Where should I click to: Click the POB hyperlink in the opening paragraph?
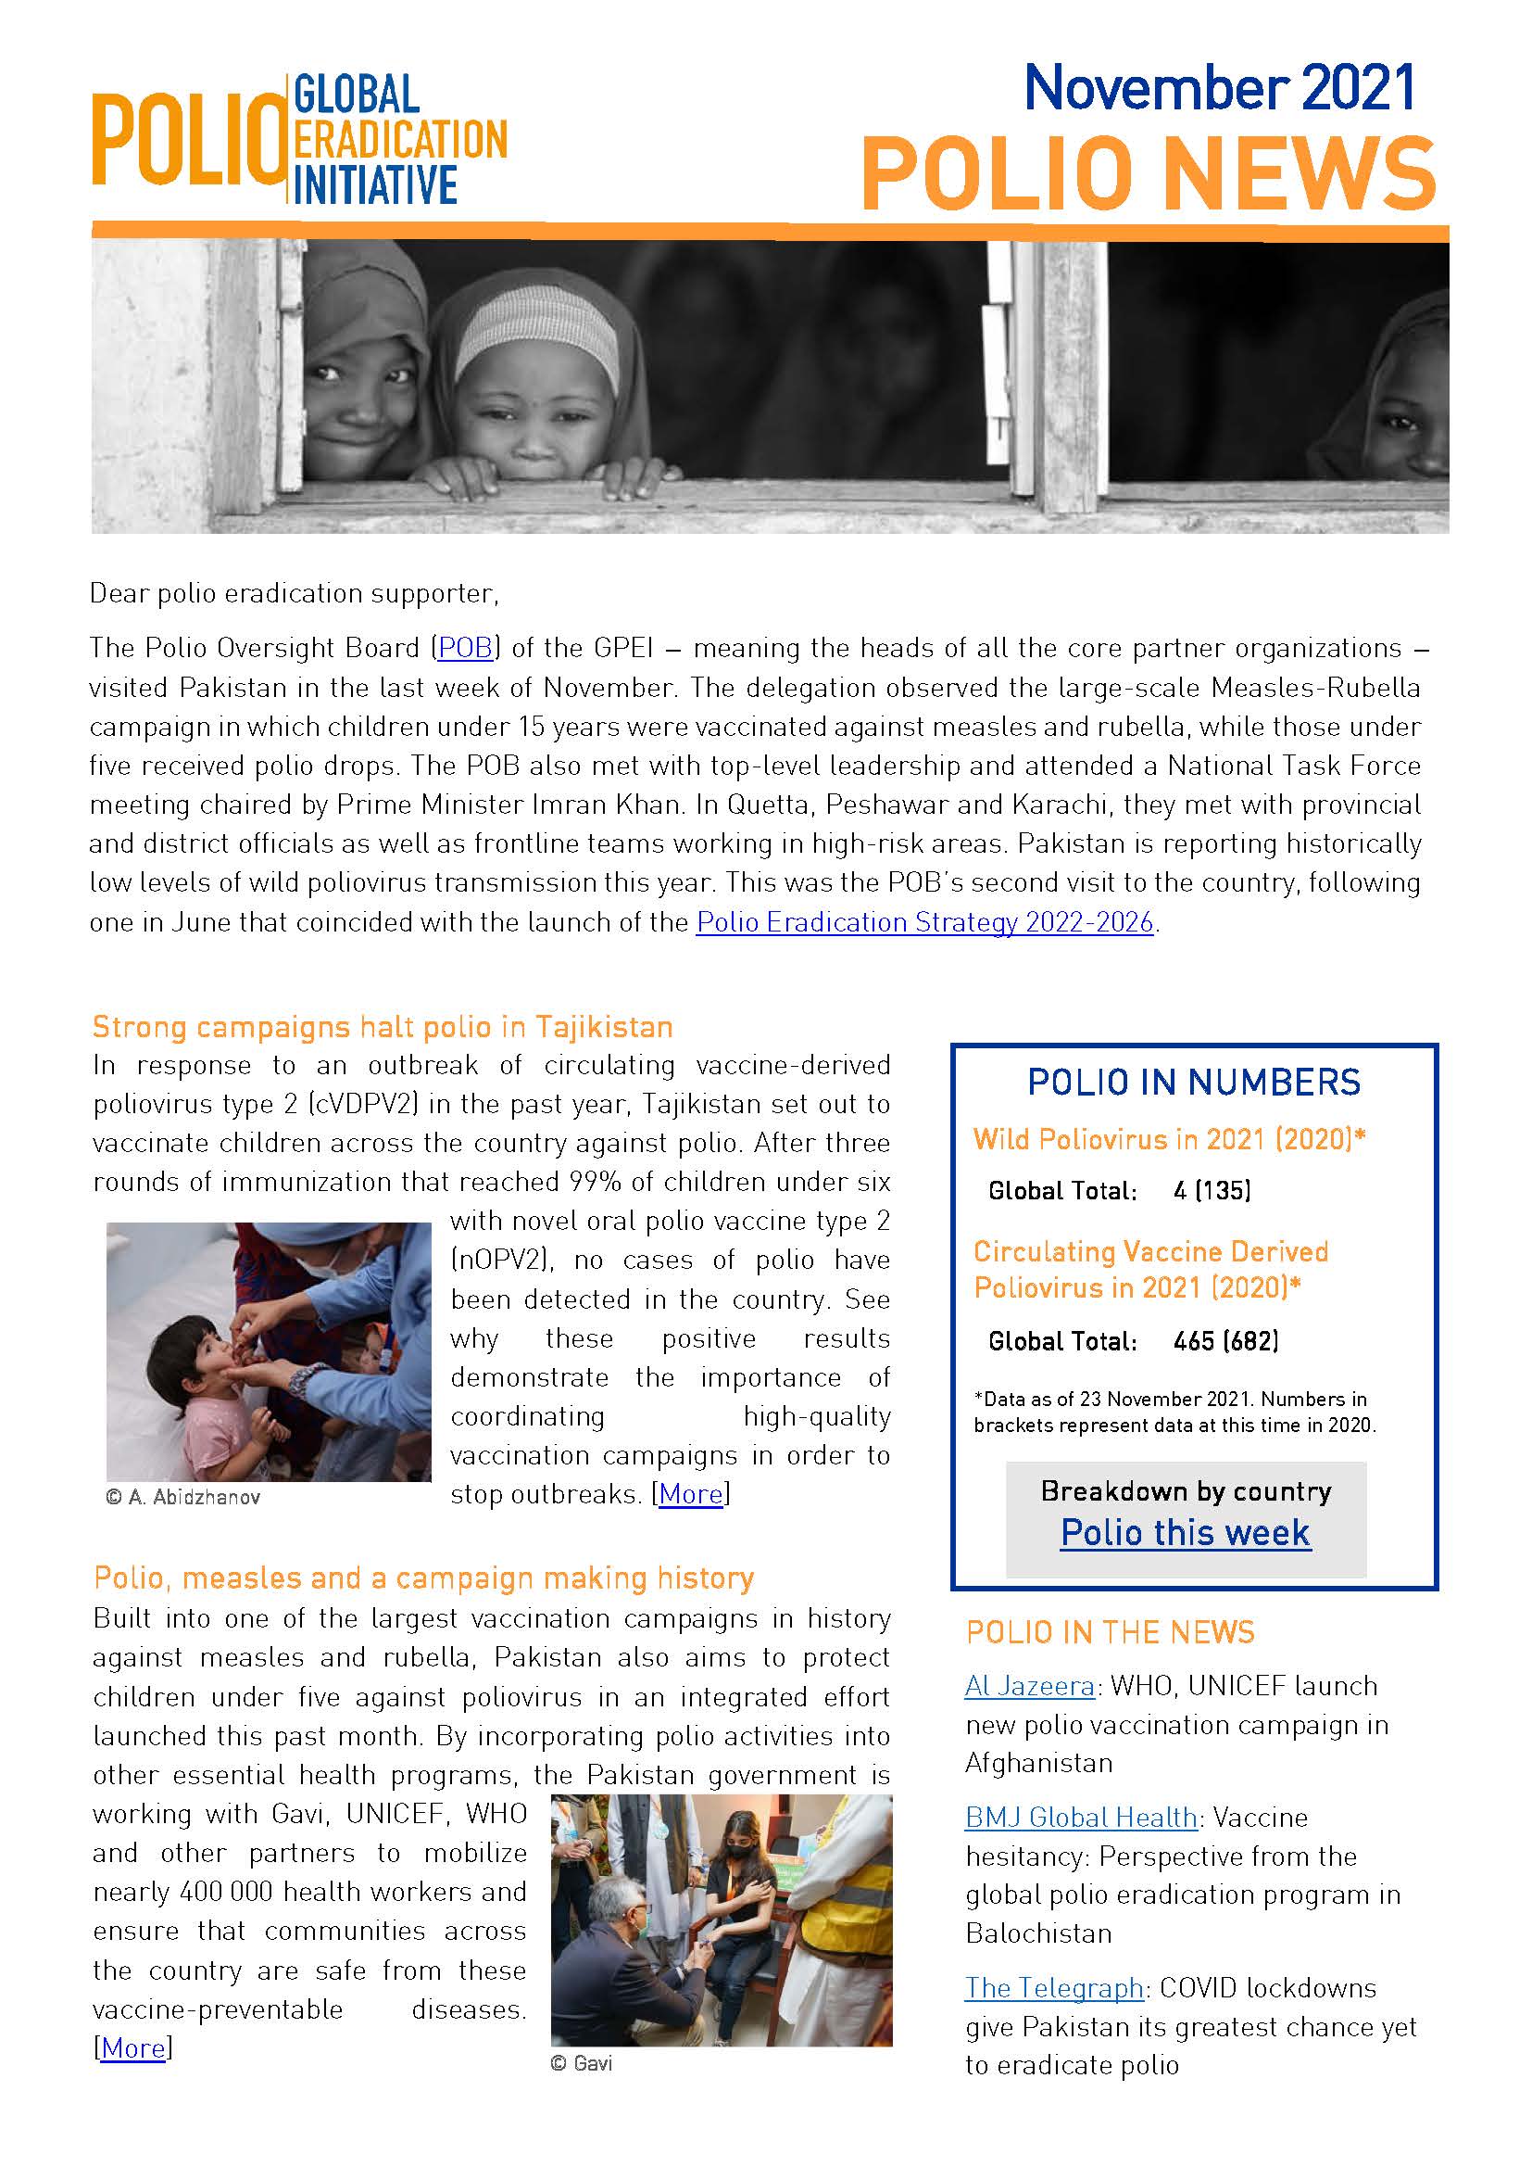[465, 649]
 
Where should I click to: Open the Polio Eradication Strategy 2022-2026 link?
[924, 922]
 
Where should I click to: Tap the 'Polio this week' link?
[1185, 1533]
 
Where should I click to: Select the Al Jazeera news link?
[1029, 1686]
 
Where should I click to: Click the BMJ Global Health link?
[1080, 1818]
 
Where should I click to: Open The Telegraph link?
[1054, 1988]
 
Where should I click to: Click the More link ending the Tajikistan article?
[691, 1494]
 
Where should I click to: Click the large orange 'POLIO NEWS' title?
[1148, 174]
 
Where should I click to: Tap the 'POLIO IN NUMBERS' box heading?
[1193, 1082]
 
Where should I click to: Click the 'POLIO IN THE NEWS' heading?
[1111, 1632]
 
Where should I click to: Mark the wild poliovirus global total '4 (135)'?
[1212, 1191]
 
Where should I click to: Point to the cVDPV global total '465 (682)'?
[1225, 1341]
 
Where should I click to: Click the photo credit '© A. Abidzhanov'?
[183, 1498]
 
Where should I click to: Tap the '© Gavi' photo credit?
[581, 2064]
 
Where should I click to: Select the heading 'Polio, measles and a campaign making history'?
[423, 1578]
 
